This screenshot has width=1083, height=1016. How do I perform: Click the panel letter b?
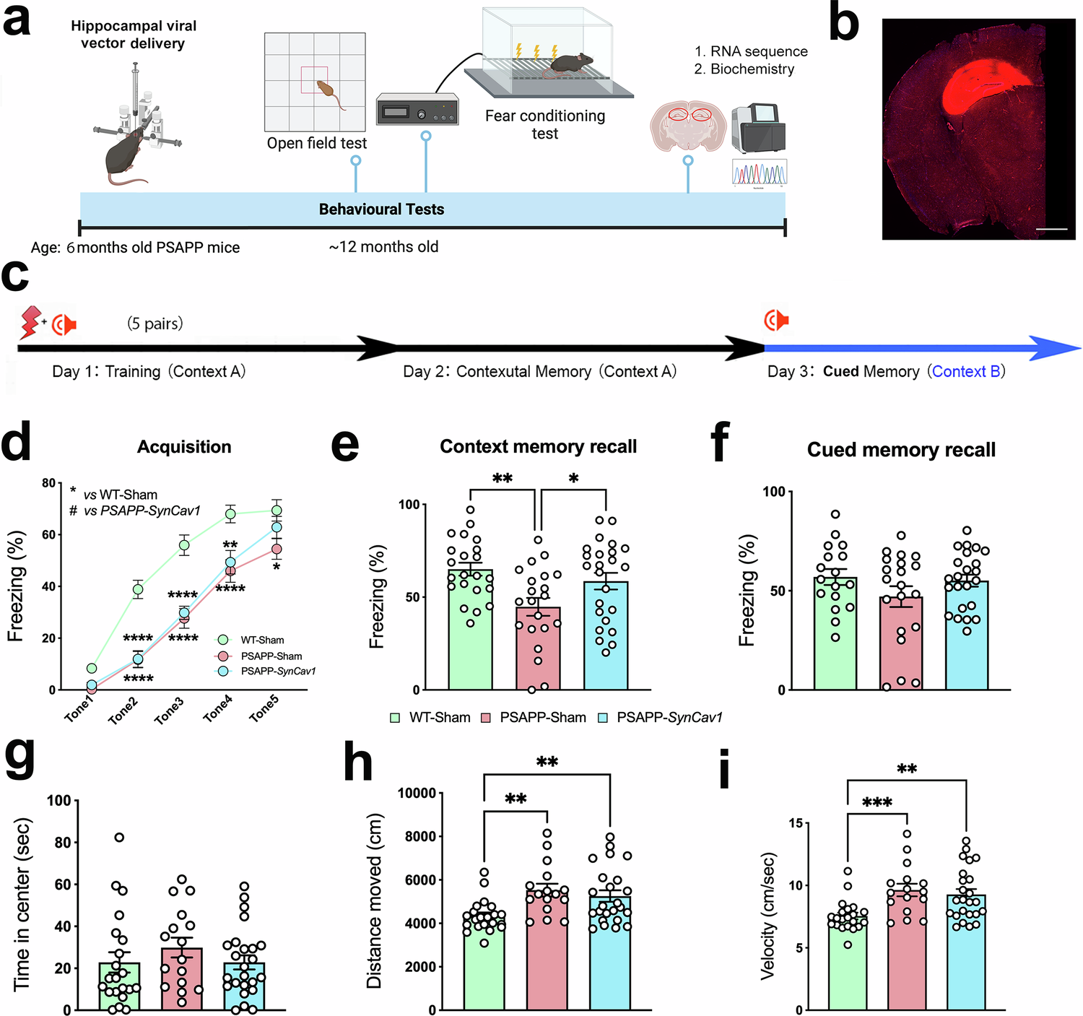843,23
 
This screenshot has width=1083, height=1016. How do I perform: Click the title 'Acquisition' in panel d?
184,447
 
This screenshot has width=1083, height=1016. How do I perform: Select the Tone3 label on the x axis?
170,711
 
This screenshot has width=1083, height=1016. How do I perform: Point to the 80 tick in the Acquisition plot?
49,483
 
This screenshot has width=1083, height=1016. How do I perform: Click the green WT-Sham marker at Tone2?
137,589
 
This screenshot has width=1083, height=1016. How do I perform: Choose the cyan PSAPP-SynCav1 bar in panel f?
967,635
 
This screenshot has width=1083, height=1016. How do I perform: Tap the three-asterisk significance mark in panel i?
877,803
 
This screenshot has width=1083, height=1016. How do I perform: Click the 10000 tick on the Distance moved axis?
417,793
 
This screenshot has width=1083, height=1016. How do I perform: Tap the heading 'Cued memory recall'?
901,450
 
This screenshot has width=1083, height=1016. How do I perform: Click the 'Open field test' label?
316,143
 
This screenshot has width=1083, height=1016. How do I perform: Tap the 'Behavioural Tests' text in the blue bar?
381,209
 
